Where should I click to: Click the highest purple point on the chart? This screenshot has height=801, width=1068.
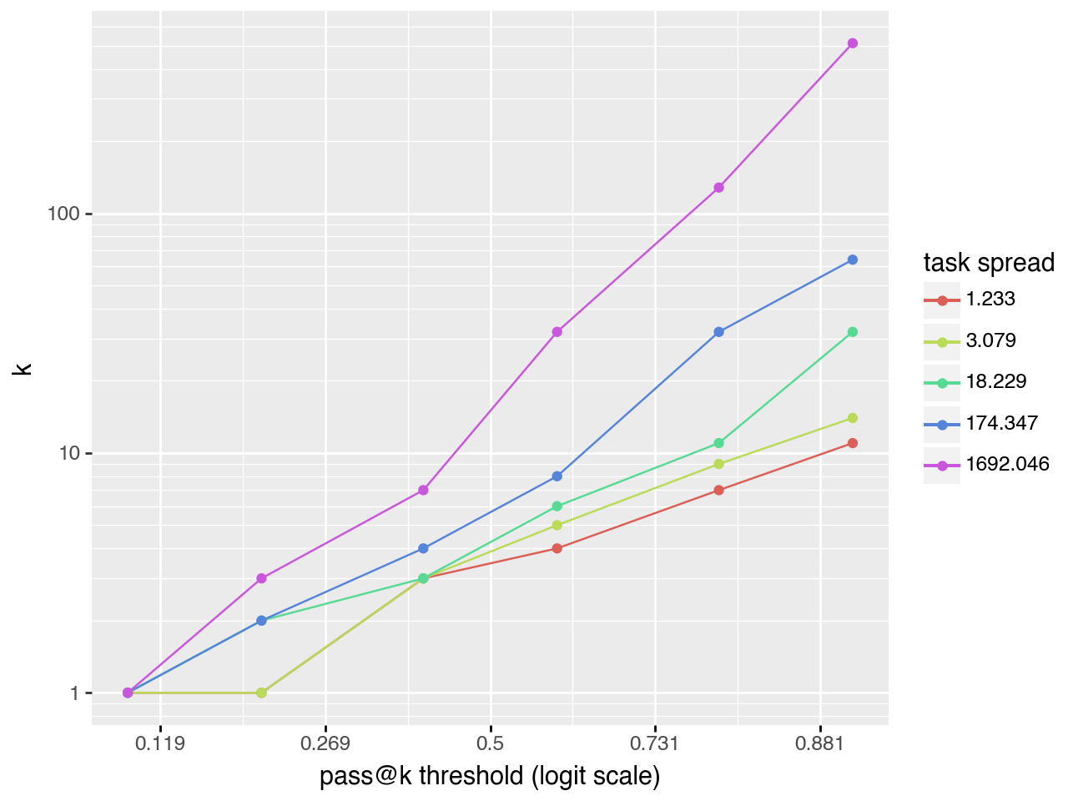click(852, 43)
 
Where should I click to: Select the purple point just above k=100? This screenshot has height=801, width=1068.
click(718, 188)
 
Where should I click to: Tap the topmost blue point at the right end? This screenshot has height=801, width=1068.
click(852, 260)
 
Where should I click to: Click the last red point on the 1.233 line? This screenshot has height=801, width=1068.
click(852, 443)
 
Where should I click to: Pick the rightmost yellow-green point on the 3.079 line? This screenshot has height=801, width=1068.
click(852, 418)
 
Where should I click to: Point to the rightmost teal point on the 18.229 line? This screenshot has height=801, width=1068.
click(852, 332)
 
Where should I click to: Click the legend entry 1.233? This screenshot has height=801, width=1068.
click(990, 300)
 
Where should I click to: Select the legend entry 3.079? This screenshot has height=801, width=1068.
click(990, 340)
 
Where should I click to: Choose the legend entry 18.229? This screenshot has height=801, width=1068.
click(995, 382)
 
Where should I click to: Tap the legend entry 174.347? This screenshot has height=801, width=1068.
click(1001, 423)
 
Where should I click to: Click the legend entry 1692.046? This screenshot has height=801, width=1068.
click(1007, 464)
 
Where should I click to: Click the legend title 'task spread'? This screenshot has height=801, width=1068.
click(989, 263)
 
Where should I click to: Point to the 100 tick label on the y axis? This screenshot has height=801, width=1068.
click(63, 214)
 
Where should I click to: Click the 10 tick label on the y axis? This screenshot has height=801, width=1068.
click(68, 454)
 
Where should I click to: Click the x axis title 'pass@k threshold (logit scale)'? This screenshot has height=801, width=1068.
click(490, 777)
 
